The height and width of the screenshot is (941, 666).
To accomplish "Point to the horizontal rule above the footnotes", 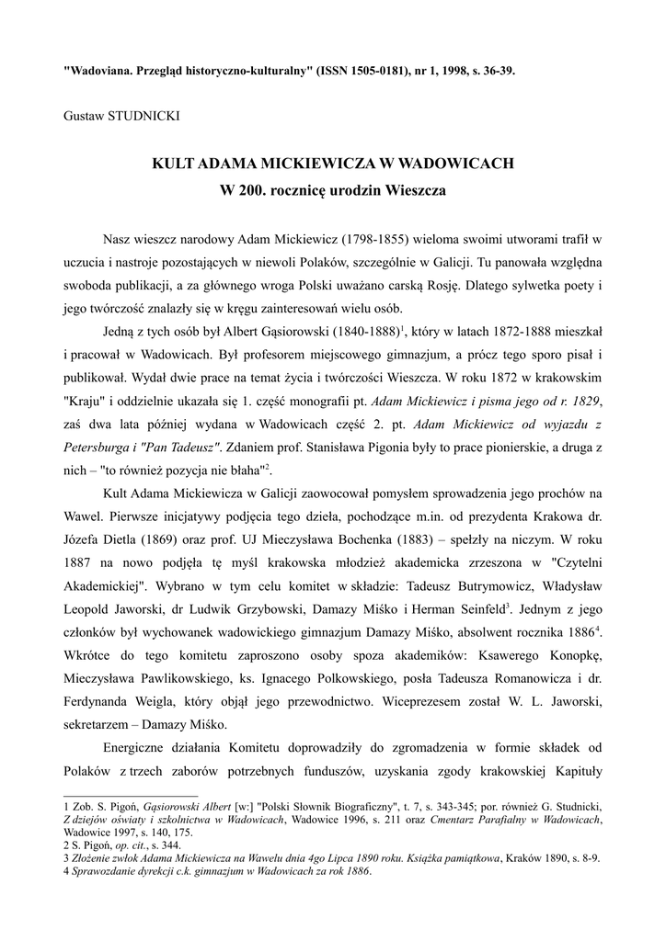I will [130, 796].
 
